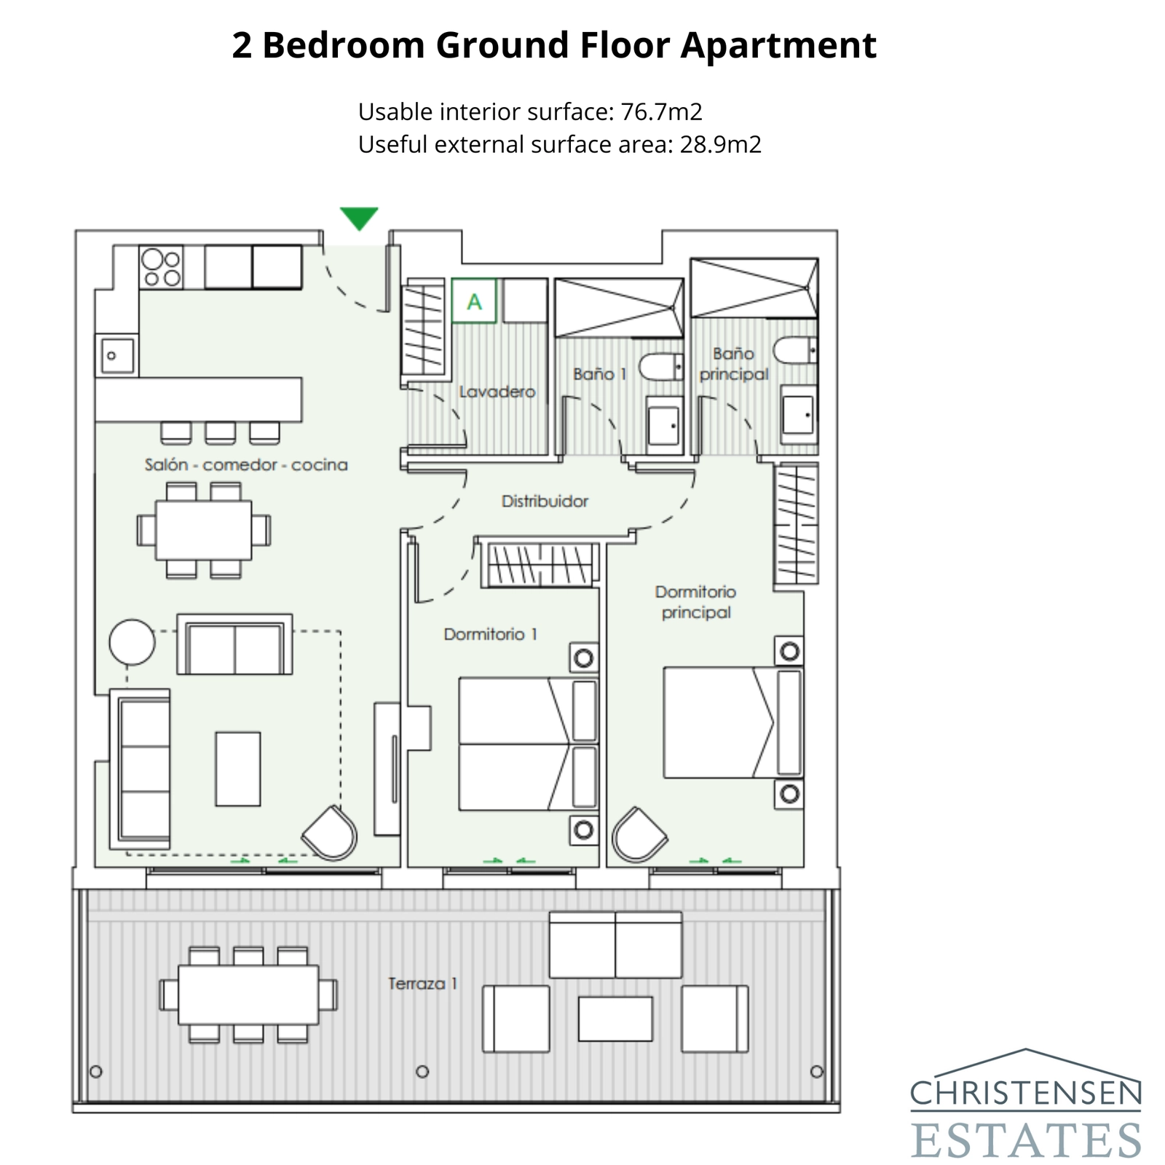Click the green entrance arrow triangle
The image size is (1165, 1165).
359,217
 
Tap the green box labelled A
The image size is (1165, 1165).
474,301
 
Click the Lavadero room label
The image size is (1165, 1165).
497,392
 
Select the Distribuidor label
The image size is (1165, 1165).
545,501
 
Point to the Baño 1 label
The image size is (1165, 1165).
599,374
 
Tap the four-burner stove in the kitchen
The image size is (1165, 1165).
162,268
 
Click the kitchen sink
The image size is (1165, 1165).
116,355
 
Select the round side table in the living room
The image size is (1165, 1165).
132,642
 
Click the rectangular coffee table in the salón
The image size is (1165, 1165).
238,769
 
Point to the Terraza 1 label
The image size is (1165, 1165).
423,984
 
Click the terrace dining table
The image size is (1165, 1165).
248,995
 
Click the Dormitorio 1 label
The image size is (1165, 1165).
490,634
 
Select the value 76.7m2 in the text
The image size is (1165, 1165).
661,112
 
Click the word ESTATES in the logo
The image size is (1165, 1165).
1025,1140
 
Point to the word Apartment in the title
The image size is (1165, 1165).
778,45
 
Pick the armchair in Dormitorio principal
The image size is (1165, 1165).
639,834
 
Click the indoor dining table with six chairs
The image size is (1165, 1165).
204,529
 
